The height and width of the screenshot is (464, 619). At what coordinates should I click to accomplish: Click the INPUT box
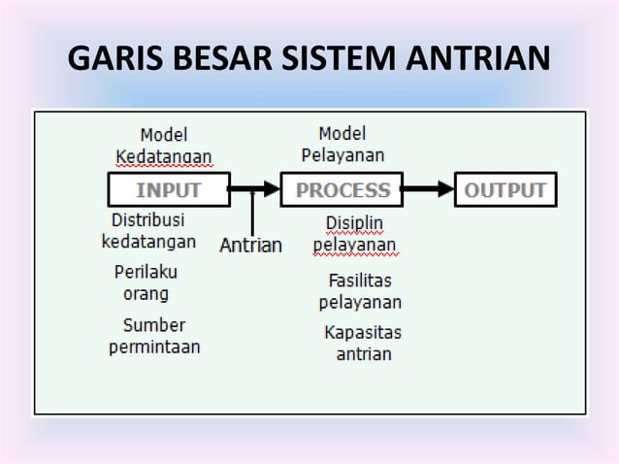(x=167, y=190)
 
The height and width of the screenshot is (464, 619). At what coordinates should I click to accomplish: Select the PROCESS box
(x=342, y=190)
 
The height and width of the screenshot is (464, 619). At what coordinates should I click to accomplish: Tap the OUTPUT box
(x=505, y=190)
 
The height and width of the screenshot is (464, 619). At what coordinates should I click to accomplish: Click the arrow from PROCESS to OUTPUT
(x=426, y=190)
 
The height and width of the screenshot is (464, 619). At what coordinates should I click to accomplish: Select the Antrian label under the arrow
(x=251, y=245)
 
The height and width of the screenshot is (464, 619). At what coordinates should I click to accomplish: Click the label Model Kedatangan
(x=164, y=146)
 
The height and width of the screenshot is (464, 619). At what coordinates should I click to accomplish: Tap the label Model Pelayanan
(x=342, y=144)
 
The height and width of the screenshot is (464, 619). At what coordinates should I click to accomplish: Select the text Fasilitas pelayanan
(x=360, y=291)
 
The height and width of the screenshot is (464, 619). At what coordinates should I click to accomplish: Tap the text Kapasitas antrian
(x=363, y=343)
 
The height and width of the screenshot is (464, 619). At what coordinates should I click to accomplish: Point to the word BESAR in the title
(x=229, y=59)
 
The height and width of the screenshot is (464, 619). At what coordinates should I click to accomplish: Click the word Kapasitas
(x=363, y=333)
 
